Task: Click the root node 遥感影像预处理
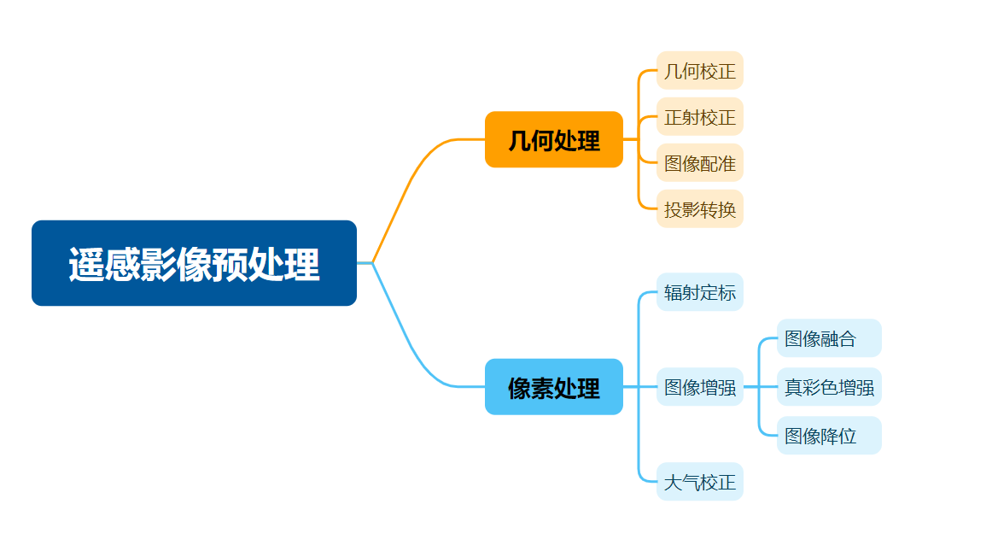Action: [x=195, y=263]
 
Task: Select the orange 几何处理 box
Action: [x=554, y=139]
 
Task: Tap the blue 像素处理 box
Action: [x=554, y=387]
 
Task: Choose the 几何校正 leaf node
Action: [x=700, y=70]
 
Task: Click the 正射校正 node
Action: [x=700, y=116]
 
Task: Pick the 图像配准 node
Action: [x=700, y=162]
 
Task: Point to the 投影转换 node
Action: [x=700, y=208]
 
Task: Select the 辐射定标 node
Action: [x=700, y=292]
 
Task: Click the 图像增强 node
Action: [x=700, y=387]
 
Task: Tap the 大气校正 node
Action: [x=700, y=482]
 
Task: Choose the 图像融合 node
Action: [x=829, y=338]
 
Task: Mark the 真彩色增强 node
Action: [x=829, y=387]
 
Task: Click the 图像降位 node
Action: [x=829, y=436]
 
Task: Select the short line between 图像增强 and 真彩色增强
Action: [x=760, y=387]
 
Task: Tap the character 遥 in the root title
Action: [x=86, y=264]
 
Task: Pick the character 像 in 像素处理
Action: [x=519, y=388]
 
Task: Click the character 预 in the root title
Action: [x=229, y=264]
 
